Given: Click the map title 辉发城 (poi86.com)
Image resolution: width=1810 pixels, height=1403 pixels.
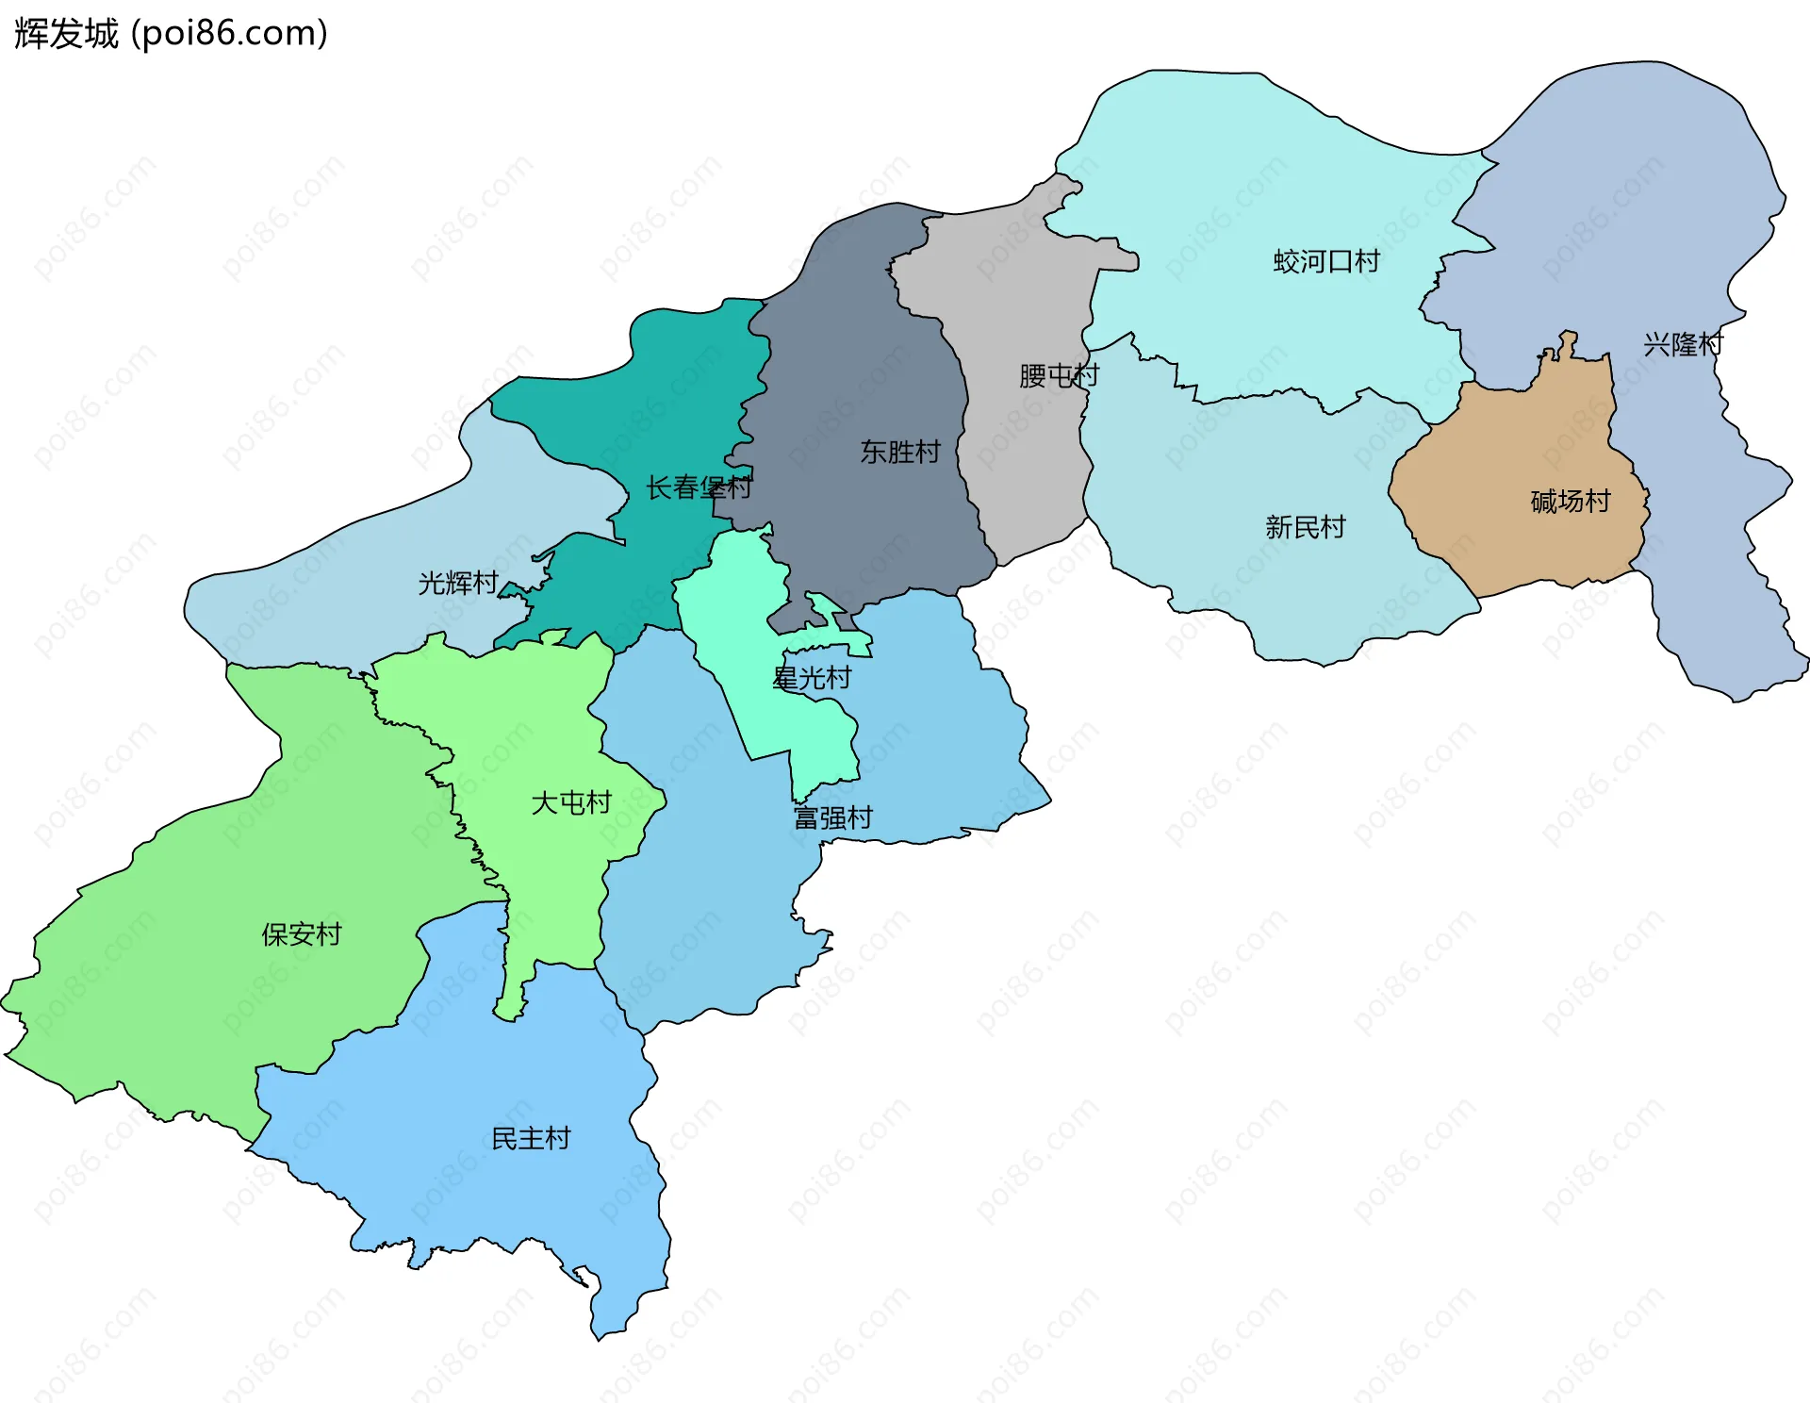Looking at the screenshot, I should click(x=170, y=34).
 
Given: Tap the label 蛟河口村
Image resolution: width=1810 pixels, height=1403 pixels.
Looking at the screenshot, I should click(x=1325, y=261).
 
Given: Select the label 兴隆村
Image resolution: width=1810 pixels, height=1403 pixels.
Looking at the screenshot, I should click(x=1683, y=344).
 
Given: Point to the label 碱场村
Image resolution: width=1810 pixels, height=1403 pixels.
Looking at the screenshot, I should click(x=1570, y=501).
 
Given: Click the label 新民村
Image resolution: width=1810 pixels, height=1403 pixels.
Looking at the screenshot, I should click(x=1305, y=527).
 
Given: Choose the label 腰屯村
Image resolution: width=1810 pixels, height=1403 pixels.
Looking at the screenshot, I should click(x=1058, y=375).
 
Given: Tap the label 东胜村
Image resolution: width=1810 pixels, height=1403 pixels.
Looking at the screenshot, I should click(x=899, y=452).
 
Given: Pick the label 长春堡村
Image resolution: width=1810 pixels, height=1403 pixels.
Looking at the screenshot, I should click(x=698, y=487).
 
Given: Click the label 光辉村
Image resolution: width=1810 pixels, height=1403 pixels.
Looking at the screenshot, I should click(x=457, y=583).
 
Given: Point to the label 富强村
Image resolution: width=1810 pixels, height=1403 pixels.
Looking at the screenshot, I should click(x=832, y=817).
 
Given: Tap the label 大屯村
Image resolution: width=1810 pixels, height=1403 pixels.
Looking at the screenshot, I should click(x=570, y=802).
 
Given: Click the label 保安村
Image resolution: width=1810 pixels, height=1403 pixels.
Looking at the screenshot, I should click(x=301, y=934).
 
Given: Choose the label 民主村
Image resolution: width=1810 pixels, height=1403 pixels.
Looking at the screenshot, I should click(x=531, y=1138).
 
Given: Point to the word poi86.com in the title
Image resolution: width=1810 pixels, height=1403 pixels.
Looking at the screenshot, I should click(x=229, y=34).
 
